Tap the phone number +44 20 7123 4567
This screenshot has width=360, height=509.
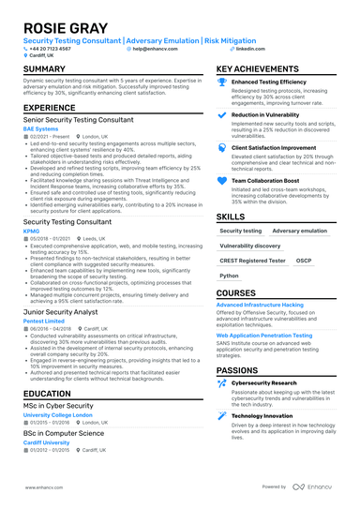[52, 48]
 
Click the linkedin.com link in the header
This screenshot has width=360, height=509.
[250, 48]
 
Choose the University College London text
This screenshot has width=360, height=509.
[57, 413]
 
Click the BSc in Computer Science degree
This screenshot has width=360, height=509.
[65, 434]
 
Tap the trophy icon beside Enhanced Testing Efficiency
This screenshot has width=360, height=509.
[222, 82]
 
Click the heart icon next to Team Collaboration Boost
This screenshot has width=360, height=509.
[222, 180]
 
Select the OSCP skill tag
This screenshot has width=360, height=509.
[304, 261]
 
